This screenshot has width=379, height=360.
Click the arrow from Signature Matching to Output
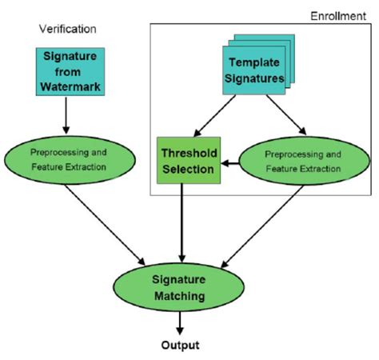coord(179,322)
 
